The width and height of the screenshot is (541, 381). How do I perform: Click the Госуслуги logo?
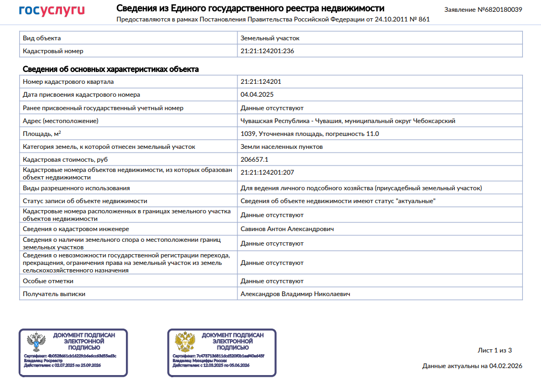52,11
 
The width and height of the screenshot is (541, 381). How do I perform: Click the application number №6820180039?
483,10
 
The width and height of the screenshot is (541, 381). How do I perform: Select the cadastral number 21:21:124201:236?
267,51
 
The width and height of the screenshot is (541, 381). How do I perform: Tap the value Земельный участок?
270,38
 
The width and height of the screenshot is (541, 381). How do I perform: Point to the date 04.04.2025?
257,95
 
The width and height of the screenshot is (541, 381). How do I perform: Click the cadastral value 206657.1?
254,160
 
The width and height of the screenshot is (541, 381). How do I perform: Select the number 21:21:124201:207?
267,172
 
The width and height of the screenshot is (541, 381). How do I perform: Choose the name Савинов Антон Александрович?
287,229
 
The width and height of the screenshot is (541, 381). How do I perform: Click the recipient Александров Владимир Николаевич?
295,294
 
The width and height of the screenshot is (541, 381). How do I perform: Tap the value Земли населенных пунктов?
282,147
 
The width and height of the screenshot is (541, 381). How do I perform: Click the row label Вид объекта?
41,38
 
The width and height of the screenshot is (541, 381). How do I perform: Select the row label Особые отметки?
48,281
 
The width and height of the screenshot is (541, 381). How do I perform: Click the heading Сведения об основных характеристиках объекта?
110,69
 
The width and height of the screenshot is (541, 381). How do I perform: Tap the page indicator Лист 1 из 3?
495,350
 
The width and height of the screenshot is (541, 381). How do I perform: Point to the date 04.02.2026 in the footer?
505,366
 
